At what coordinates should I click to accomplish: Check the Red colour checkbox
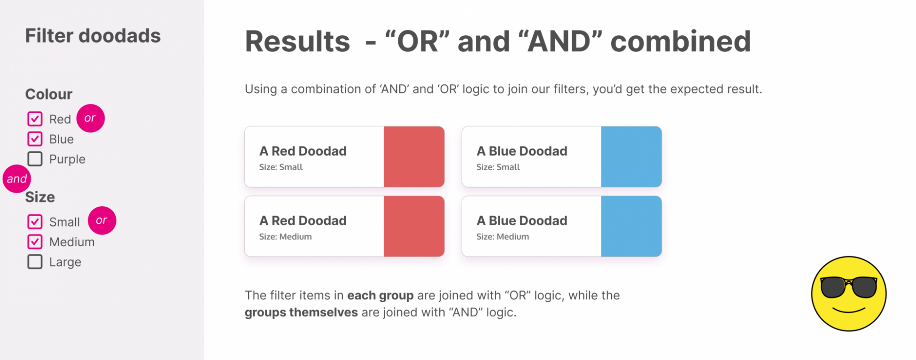pos(35,119)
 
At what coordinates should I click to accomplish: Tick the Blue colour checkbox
pos(35,139)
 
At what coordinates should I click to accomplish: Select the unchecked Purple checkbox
pos(35,159)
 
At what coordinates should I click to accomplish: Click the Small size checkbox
pos(35,222)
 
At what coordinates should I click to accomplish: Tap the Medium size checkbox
pos(35,242)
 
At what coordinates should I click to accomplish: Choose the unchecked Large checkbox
pos(35,262)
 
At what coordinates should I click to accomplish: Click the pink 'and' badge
pos(17,179)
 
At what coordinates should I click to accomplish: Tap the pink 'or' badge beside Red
pos(90,118)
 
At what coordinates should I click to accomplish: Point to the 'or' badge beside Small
pos(102,220)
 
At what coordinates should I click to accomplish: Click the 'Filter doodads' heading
pos(93,36)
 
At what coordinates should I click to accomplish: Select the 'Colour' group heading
pos(49,94)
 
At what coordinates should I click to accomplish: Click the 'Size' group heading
pos(40,197)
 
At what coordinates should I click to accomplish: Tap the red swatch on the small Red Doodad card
pos(414,157)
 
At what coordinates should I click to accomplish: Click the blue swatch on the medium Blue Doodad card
pos(631,226)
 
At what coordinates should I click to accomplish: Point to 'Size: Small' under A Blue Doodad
pos(498,167)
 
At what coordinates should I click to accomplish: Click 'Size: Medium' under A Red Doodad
pos(285,236)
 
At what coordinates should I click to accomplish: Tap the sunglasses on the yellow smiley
pos(849,287)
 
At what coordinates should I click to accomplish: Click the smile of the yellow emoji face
pos(849,310)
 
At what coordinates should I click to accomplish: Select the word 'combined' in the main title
pos(681,41)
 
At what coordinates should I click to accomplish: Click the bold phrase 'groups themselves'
pos(301,312)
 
